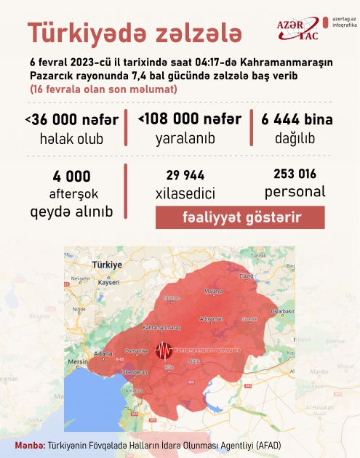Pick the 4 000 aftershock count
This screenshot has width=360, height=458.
(71, 177)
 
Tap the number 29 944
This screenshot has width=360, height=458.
(185, 175)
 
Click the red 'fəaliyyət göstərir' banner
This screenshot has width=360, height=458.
(229, 217)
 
